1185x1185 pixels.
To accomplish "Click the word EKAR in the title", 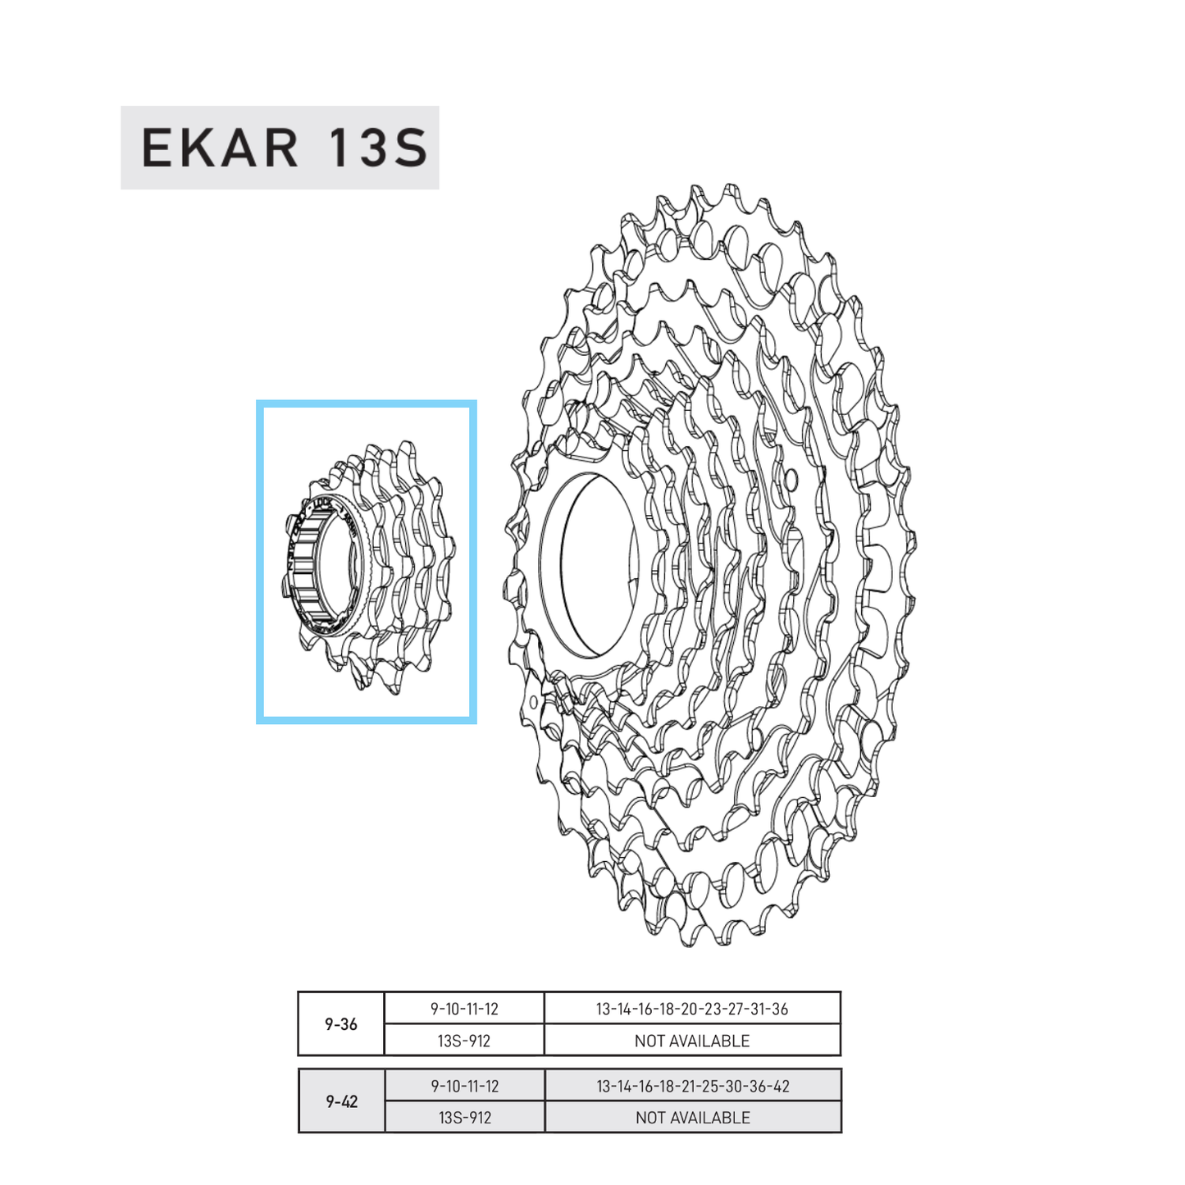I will point(220,148).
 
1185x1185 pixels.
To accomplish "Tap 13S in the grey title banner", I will point(378,148).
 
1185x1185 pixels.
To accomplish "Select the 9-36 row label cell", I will point(341,1023).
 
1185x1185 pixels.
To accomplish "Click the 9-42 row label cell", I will point(341,1101).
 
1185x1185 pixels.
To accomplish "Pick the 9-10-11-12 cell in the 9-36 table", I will point(464,1009).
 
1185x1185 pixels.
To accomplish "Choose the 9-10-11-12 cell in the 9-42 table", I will point(464,1086).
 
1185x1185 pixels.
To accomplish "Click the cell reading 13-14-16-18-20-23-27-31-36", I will point(692,1009).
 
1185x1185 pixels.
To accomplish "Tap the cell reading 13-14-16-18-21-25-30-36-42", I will point(692,1086).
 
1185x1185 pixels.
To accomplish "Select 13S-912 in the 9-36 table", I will point(464,1041).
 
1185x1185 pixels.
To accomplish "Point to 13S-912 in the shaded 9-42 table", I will point(464,1117).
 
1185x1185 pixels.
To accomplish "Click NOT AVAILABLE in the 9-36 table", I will point(692,1041).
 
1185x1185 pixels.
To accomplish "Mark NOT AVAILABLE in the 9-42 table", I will point(692,1117).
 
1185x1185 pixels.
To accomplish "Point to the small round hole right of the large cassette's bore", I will point(791,476).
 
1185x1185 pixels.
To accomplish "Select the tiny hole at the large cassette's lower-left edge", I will point(534,702).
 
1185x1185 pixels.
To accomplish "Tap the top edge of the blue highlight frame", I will point(366,403).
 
